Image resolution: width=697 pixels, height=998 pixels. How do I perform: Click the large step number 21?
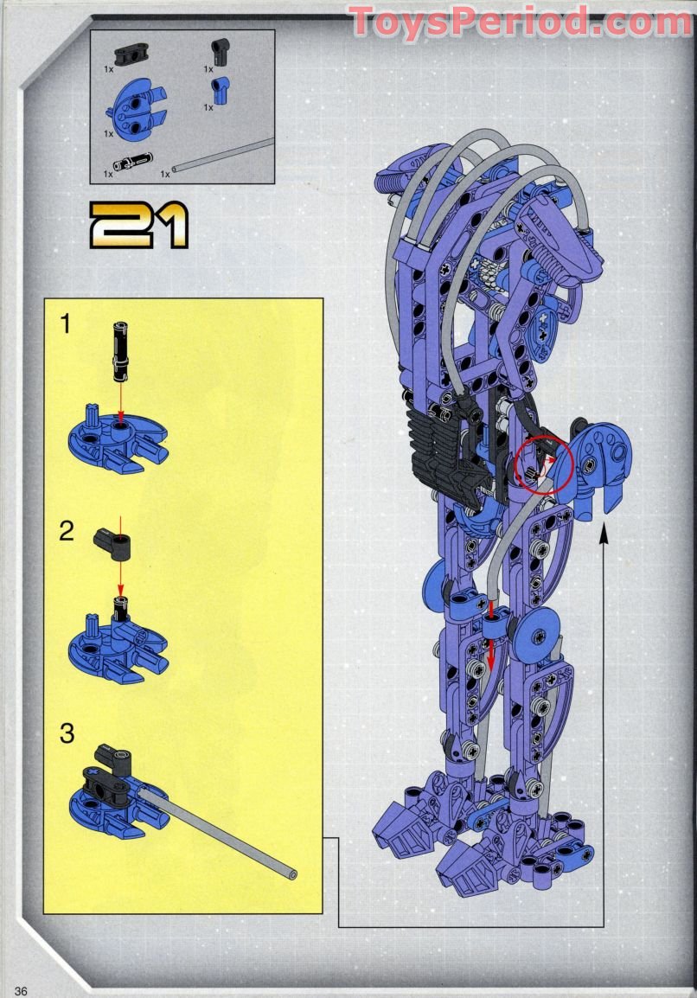click(138, 227)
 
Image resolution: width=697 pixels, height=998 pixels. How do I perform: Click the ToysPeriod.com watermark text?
click(520, 21)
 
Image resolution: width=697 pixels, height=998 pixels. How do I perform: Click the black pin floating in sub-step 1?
click(121, 350)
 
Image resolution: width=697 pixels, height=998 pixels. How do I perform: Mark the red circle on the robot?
click(544, 465)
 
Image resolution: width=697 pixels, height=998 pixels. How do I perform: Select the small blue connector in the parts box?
click(221, 89)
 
